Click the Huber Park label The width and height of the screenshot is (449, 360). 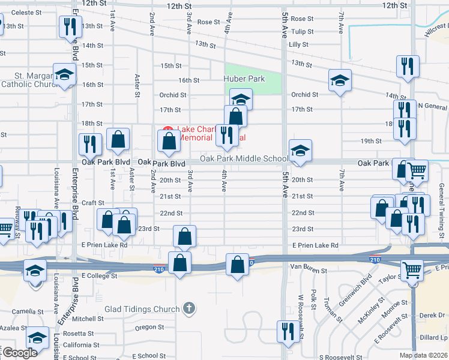(x=244, y=79)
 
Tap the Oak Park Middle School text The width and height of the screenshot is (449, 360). (x=244, y=159)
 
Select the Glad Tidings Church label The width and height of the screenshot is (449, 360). (x=142, y=309)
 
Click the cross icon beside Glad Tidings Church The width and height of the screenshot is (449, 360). (x=189, y=309)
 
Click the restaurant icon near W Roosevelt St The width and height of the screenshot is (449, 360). (x=286, y=331)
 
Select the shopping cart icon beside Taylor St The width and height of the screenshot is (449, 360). (x=412, y=270)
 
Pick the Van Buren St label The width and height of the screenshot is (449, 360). (x=308, y=271)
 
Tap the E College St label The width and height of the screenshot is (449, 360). (x=100, y=276)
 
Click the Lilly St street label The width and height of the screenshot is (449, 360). (x=298, y=44)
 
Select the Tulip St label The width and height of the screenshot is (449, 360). (x=302, y=32)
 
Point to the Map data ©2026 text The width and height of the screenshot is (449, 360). (x=423, y=355)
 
